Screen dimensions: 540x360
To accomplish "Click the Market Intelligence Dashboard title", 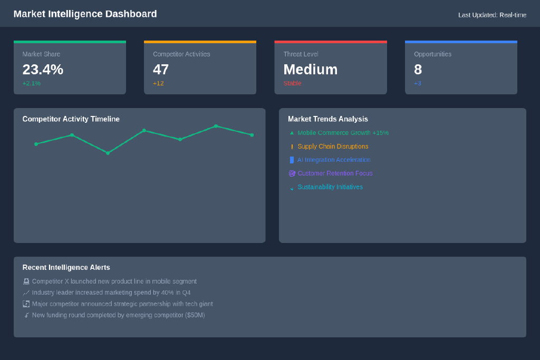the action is [x=85, y=14].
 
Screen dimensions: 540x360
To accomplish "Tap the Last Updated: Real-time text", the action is [x=492, y=15].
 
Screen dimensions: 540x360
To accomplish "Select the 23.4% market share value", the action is [x=43, y=70].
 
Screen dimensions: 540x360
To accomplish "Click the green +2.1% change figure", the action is [x=31, y=83].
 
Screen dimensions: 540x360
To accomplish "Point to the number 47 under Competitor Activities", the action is [x=161, y=70].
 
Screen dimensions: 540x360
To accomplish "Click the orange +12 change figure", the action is [x=158, y=83].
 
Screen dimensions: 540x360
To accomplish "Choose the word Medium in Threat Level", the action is [x=310, y=70].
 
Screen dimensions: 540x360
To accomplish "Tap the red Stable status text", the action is [x=292, y=83].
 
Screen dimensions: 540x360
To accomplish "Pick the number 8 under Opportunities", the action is [x=418, y=70].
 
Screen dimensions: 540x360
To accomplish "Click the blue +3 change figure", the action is [x=418, y=83].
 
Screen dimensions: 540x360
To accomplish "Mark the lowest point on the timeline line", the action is [x=108, y=153].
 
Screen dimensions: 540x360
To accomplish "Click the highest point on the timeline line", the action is [x=216, y=127].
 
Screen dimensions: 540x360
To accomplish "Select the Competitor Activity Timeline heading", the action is [x=71, y=119].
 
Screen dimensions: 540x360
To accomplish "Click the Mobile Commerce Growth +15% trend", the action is [x=343, y=133].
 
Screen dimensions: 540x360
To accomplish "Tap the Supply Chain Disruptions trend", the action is [x=333, y=147].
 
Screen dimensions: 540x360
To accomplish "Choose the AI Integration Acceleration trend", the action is [x=334, y=160].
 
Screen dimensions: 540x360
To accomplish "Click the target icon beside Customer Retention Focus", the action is [x=292, y=173].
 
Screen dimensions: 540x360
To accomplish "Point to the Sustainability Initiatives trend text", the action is [x=330, y=187].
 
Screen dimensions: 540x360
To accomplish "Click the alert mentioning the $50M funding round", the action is [x=119, y=315].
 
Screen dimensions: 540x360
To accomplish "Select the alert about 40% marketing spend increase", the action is [x=111, y=293].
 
